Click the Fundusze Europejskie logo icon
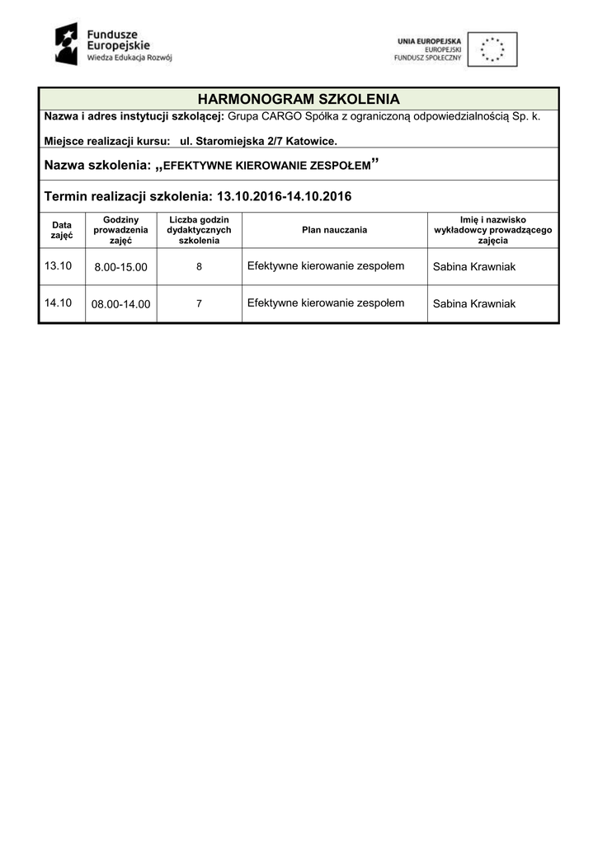tap(67, 44)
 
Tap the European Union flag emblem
tap(492, 49)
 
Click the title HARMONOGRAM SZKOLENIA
tap(299, 99)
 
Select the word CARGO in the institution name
tap(282, 116)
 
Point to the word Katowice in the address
tap(311, 141)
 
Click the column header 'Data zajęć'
tap(62, 230)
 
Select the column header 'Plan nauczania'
tap(335, 230)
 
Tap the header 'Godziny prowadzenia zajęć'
tap(120, 230)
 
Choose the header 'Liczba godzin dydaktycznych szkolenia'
tap(199, 230)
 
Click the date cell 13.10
tap(59, 265)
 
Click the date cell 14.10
tap(59, 302)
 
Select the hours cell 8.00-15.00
tap(120, 267)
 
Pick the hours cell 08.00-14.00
tap(120, 304)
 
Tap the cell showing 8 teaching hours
tap(199, 267)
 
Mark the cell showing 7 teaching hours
tap(199, 304)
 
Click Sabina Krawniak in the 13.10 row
tap(473, 267)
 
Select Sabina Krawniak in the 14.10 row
tap(473, 304)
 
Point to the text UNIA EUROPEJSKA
tap(429, 40)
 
